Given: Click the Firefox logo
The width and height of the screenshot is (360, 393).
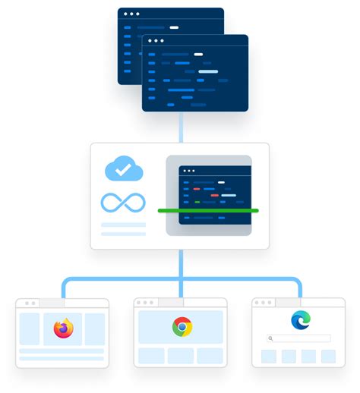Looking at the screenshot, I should [x=63, y=329].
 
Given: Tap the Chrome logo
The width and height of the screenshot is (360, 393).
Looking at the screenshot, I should [x=182, y=327].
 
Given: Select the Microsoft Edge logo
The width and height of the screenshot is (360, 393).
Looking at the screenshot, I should [x=301, y=320].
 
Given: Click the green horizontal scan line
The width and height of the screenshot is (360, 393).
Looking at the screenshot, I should [x=207, y=210].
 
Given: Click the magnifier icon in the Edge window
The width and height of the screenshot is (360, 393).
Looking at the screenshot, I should [x=270, y=338].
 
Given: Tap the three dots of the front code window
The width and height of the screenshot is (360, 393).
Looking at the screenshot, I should [x=155, y=41].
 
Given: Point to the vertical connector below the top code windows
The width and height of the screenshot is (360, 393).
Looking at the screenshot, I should [x=181, y=127].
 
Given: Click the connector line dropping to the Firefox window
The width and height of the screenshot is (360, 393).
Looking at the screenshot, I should [x=62, y=289].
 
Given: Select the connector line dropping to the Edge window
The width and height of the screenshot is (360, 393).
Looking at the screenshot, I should [x=299, y=289].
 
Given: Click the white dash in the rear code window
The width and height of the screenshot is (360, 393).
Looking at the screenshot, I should [x=174, y=27].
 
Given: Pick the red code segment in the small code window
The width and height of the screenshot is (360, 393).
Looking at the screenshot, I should [x=197, y=188].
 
